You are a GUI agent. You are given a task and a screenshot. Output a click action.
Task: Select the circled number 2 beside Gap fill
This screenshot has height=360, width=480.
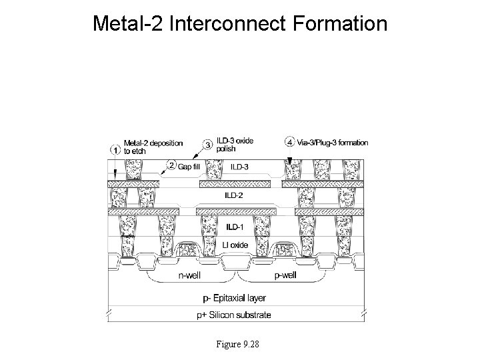tap(171, 165)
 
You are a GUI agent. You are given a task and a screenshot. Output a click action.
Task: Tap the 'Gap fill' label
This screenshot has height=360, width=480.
tap(190, 165)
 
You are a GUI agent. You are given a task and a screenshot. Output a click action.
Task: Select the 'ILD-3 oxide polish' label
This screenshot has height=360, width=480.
tap(235, 145)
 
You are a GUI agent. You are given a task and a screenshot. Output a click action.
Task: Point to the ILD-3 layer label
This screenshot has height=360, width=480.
tap(241, 167)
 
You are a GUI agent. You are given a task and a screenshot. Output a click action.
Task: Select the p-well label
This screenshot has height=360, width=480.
tap(285, 276)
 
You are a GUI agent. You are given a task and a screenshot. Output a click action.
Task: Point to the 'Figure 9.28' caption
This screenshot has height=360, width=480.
tap(238, 344)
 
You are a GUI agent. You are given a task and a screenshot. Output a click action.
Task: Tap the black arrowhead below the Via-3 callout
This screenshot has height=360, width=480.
tap(291, 159)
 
